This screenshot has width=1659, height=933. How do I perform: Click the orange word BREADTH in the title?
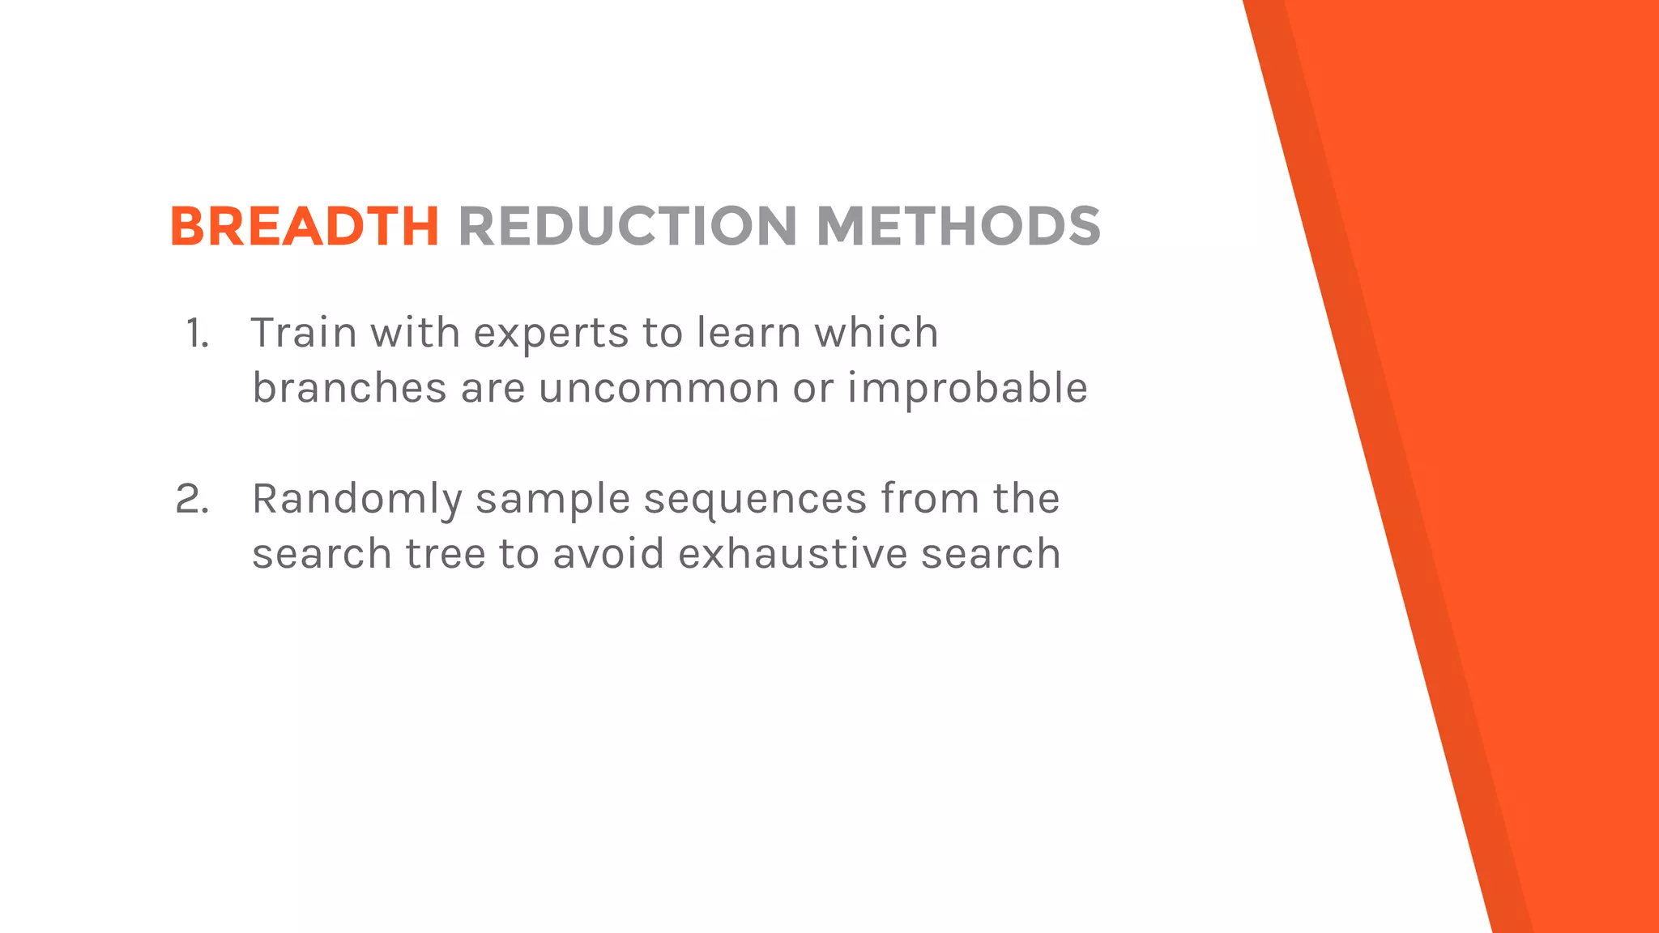305,226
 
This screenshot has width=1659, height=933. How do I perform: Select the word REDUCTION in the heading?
629,226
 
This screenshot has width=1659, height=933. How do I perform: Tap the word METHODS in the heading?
958,226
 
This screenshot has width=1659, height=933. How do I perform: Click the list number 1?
198,333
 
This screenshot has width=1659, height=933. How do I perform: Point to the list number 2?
193,499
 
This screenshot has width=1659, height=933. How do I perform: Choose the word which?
876,333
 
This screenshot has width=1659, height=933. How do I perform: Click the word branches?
349,388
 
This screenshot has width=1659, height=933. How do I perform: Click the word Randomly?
356,500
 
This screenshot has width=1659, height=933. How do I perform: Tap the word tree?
446,555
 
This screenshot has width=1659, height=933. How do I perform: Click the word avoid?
608,555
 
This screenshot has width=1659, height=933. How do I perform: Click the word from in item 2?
930,499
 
